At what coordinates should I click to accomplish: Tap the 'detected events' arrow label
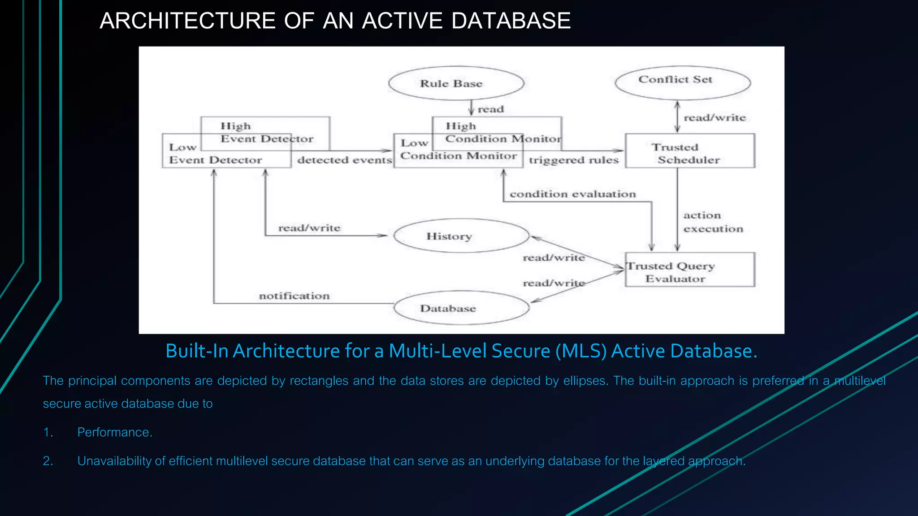click(344, 160)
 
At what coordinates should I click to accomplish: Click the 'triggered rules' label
click(573, 160)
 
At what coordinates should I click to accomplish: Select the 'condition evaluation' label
click(572, 194)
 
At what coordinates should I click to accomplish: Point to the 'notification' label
click(294, 296)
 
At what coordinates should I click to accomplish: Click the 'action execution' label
click(713, 222)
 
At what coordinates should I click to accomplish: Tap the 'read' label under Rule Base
click(490, 109)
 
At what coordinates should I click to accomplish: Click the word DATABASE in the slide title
click(511, 21)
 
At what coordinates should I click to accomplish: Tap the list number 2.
click(48, 461)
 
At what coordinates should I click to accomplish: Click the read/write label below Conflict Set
click(714, 117)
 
